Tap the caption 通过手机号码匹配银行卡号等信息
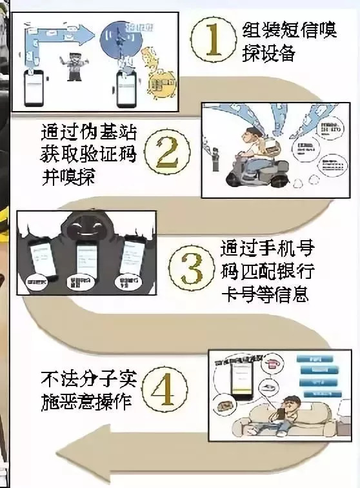[x=264, y=270]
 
